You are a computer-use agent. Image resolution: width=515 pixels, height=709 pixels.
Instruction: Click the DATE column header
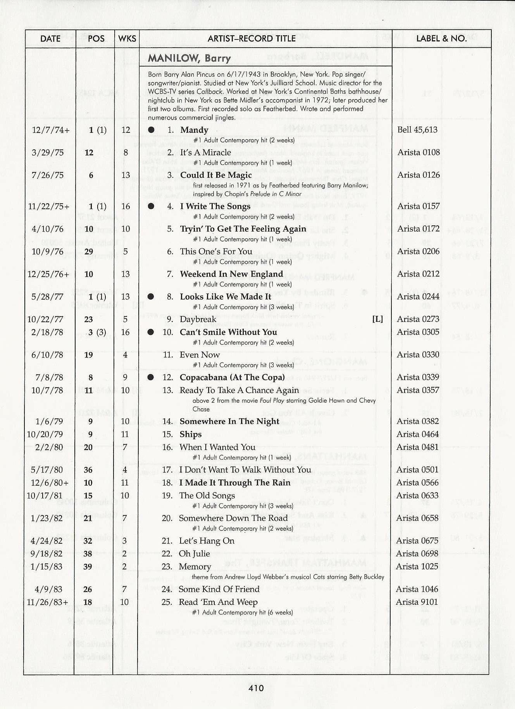coord(50,39)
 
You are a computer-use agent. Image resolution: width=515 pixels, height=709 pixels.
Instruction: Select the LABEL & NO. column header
coord(441,38)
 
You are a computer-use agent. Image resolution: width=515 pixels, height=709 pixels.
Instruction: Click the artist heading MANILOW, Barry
coord(189,58)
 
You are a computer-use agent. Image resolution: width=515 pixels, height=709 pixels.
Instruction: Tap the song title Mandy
coord(194,130)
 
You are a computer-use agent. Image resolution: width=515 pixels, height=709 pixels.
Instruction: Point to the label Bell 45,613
coord(417,130)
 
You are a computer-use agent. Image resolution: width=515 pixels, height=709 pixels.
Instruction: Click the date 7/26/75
coord(47,175)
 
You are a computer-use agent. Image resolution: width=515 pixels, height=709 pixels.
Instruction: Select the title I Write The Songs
coord(215,206)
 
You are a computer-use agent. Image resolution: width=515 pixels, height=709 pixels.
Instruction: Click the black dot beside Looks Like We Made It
coord(151,297)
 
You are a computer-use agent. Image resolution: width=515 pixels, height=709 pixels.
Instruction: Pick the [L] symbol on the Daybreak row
coord(377,319)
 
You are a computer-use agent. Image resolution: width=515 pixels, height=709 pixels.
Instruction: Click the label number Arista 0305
coord(418,332)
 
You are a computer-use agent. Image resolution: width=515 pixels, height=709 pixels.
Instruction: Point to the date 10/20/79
coord(45,434)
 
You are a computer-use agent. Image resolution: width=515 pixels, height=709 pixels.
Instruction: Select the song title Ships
coord(190,434)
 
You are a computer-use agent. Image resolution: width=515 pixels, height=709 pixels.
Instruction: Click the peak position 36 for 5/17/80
coord(88,470)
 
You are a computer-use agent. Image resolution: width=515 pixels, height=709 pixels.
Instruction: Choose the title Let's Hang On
coord(207,541)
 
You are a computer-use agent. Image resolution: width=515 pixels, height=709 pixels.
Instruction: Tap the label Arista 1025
coord(417,567)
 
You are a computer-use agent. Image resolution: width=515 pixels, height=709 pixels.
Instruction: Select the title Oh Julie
coord(194,554)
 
